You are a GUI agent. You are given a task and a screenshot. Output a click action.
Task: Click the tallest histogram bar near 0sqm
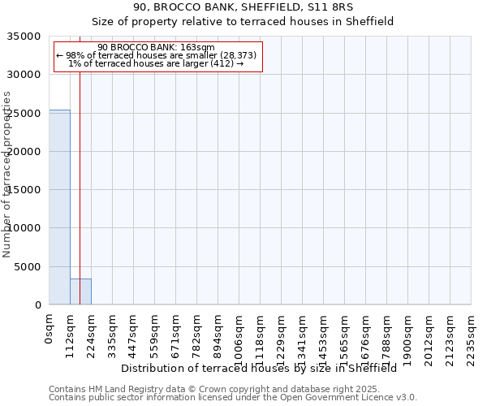[x=59, y=207]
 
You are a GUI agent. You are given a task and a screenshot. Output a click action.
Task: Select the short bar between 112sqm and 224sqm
[x=80, y=292]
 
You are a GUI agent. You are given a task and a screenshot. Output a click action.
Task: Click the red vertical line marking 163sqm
[x=80, y=162]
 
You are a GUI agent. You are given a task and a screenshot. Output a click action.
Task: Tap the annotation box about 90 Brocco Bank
[x=158, y=56]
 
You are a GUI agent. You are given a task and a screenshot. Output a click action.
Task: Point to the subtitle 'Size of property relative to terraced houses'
[x=243, y=22]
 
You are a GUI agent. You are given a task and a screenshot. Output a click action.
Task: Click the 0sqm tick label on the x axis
[x=50, y=330]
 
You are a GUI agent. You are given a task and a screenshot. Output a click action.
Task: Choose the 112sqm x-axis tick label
[x=71, y=333]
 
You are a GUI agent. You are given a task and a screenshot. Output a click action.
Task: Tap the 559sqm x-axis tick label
[x=155, y=333]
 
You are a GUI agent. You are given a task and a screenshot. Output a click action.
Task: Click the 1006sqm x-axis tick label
[x=239, y=335]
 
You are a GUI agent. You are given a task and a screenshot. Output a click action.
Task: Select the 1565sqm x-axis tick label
[x=345, y=335]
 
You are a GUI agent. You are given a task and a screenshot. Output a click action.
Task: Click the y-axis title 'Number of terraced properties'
[x=8, y=175]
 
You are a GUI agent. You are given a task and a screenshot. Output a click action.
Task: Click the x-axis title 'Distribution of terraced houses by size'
[x=259, y=369]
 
